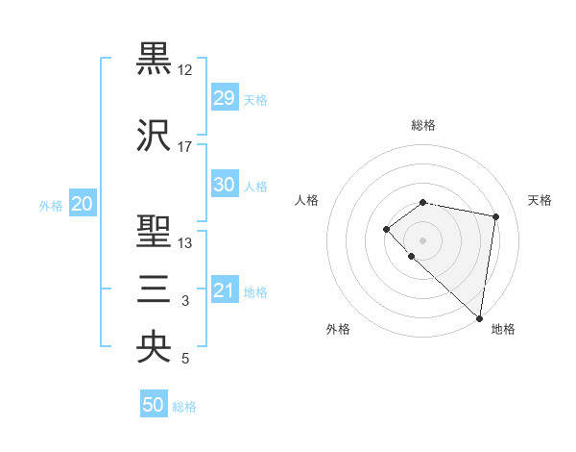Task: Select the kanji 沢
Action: point(154,137)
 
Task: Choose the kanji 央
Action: point(154,347)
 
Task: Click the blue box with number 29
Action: point(225,98)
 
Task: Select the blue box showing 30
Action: point(225,185)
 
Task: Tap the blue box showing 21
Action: point(225,290)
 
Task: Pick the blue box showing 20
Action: point(83,204)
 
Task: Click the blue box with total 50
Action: point(154,405)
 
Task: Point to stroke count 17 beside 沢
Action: point(185,147)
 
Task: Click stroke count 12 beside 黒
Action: point(185,69)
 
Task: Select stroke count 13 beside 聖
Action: point(185,242)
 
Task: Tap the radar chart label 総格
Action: point(422,125)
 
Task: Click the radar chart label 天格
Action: point(540,200)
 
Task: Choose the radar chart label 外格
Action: point(338,330)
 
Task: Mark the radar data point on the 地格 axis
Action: point(480,318)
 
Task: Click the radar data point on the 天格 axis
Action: point(496,216)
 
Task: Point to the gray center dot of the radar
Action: point(422,239)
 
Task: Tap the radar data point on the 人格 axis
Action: point(386,228)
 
